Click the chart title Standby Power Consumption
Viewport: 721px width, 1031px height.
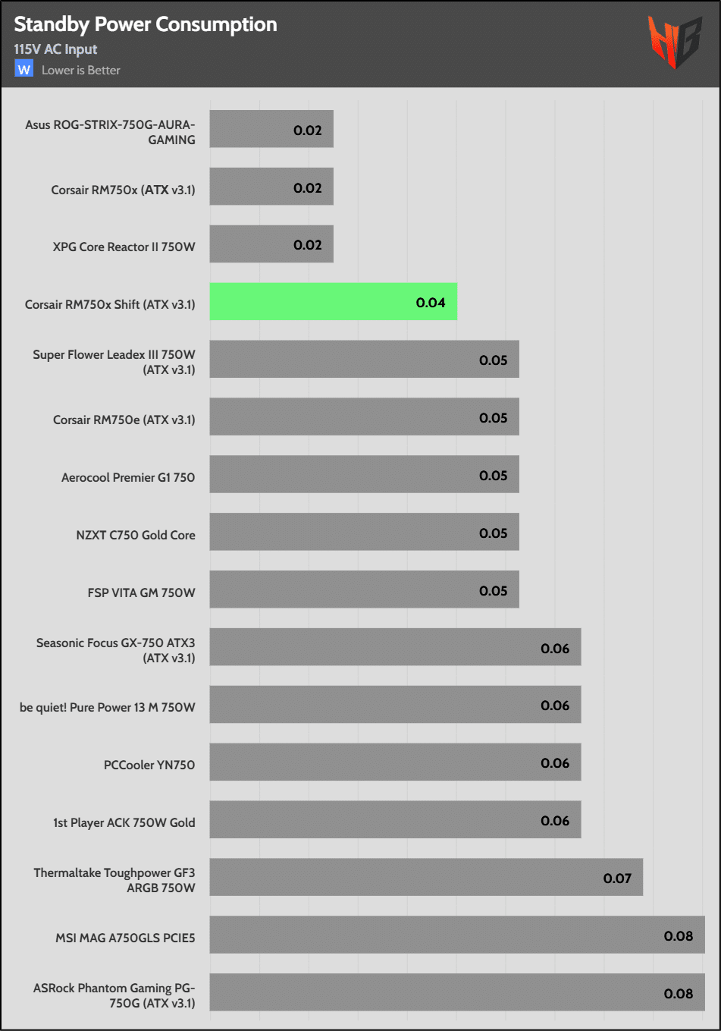coord(146,24)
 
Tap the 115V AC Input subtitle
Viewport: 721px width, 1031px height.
coord(55,49)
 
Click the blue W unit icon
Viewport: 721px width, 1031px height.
coord(24,69)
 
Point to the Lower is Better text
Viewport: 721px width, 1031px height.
coord(81,70)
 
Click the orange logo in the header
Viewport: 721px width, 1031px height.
coord(673,41)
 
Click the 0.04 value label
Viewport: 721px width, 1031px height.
coord(431,303)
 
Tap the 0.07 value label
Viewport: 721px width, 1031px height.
coord(617,879)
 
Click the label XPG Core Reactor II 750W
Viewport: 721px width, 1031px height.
coord(124,247)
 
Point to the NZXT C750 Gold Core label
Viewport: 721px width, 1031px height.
coord(136,535)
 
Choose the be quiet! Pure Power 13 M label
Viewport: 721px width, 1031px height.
coord(108,707)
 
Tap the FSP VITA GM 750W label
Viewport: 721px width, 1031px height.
coord(142,593)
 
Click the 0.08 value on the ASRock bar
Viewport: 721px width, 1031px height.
coord(679,994)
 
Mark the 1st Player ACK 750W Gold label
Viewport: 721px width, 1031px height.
coord(124,822)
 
